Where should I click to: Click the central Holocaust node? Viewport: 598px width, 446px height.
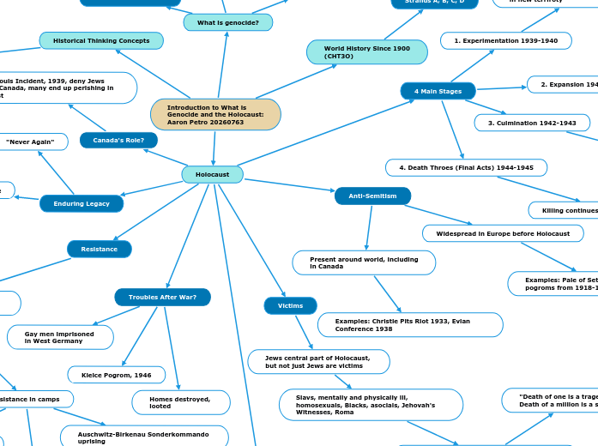tap(212, 174)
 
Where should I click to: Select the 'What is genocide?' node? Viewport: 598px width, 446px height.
tap(227, 22)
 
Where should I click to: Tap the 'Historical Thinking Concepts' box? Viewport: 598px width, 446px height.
tap(101, 40)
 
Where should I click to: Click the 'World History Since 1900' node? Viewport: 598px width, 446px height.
tap(366, 51)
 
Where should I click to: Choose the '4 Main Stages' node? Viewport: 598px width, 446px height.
tap(438, 91)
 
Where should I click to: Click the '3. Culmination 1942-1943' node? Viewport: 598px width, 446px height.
tap(532, 123)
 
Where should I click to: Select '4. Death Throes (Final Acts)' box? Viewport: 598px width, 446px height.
tap(466, 167)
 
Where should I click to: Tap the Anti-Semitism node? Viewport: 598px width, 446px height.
tap(372, 196)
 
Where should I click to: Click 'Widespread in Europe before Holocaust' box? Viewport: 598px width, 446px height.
tap(503, 233)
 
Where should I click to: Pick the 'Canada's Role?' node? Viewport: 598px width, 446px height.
tap(118, 140)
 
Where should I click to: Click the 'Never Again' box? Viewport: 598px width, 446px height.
tap(31, 141)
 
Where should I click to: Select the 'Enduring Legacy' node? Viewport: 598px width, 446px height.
tap(82, 203)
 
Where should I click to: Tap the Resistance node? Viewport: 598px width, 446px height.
tap(100, 249)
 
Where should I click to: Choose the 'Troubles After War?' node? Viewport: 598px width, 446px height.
tap(162, 297)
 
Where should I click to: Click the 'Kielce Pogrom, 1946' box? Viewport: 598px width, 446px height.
tap(116, 375)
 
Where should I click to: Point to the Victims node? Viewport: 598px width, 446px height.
tap(290, 305)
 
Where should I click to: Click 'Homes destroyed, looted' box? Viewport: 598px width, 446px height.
tap(180, 402)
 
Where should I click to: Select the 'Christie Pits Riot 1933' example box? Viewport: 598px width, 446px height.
tap(409, 324)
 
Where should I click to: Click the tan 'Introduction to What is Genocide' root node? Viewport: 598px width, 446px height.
tap(215, 114)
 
